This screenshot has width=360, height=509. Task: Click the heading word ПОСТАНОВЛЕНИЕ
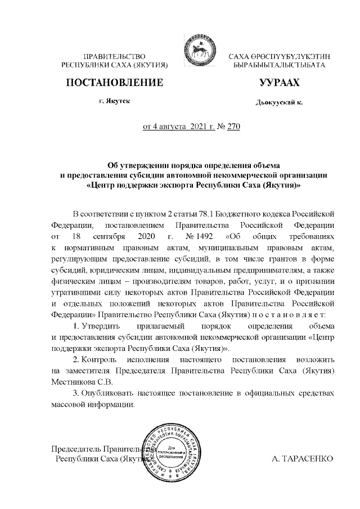point(115,83)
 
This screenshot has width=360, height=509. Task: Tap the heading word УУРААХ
point(278,83)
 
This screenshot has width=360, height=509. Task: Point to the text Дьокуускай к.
point(278,103)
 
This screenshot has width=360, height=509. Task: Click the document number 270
point(233,127)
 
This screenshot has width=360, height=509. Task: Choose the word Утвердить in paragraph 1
point(100,327)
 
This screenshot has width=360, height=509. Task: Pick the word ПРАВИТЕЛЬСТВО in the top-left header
point(115,57)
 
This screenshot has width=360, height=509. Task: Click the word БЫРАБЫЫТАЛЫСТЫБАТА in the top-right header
point(278,66)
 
